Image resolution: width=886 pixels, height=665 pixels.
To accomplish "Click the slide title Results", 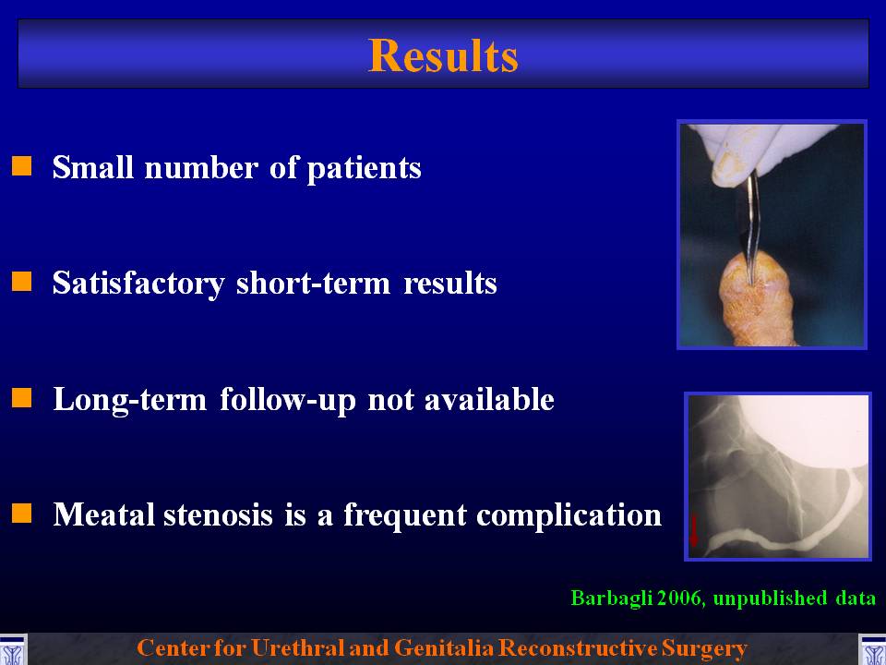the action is click(443, 56).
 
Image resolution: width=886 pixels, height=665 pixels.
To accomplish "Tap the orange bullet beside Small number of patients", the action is click(22, 166).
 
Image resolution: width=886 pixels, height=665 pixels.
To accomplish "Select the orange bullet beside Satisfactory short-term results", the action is click(22, 281).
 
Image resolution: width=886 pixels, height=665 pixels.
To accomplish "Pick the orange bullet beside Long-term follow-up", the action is click(22, 397).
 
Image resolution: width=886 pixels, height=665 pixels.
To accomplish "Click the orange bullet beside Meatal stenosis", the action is click(22, 514).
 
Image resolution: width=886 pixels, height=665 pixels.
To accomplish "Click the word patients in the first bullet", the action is click(364, 168).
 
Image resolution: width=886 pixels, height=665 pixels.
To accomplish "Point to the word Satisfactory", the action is click(138, 284).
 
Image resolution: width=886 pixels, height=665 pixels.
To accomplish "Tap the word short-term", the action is click(314, 283).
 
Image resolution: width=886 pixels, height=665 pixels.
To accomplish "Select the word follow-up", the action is click(288, 400).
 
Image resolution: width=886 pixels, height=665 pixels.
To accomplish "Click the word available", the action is click(489, 399).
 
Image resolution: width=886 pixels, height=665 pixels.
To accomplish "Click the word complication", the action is click(569, 515).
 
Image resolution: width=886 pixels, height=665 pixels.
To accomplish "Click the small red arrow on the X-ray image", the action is click(694, 530).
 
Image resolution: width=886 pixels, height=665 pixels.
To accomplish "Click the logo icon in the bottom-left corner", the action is click(13, 649).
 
